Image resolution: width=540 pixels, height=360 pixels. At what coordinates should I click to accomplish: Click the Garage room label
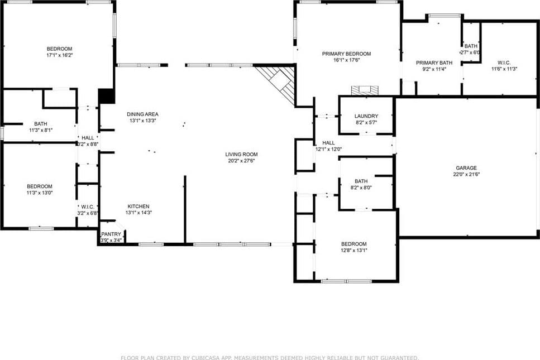[466, 167]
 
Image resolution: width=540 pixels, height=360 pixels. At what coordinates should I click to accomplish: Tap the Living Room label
[241, 154]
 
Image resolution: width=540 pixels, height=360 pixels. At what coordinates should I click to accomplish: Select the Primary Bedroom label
[346, 54]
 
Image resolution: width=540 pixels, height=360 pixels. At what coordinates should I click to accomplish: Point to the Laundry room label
[366, 116]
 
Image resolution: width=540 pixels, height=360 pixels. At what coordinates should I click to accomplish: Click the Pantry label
[111, 234]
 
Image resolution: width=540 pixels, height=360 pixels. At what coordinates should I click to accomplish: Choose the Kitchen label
[138, 206]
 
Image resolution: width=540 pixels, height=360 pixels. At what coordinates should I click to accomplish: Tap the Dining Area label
[138, 114]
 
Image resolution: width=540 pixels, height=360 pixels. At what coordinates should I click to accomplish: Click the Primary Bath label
[434, 63]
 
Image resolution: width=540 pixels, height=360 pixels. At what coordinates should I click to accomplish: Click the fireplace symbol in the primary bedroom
[364, 89]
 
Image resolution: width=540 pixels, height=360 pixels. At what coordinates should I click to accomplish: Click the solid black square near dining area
[106, 96]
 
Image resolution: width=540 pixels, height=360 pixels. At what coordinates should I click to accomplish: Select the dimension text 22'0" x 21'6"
[466, 174]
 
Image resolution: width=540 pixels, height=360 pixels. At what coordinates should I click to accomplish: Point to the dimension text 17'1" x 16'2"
[59, 55]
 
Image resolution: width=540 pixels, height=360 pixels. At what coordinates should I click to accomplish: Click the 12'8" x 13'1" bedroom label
[354, 244]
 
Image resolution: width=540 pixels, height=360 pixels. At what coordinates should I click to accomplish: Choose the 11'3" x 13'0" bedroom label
[40, 186]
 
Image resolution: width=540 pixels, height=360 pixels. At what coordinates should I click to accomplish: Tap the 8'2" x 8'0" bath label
[361, 181]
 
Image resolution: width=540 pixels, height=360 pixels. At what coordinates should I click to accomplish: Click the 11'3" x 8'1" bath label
[40, 124]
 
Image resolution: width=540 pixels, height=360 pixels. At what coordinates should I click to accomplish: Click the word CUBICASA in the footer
[204, 357]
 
